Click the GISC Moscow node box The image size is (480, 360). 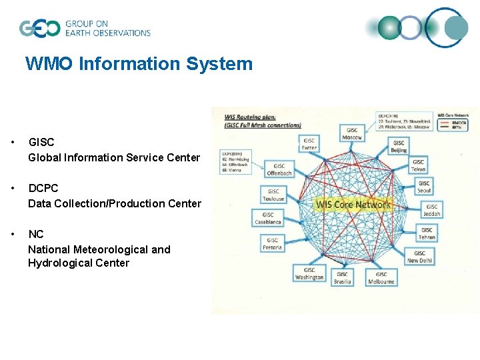click(x=352, y=133)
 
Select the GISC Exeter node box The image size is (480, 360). click(x=309, y=145)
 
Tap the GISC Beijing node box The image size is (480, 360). click(x=399, y=147)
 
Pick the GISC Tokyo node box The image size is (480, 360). click(x=418, y=165)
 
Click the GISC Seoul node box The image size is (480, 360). click(x=424, y=187)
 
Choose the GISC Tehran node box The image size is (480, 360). click(x=427, y=234)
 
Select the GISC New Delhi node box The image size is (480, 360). click(x=419, y=257)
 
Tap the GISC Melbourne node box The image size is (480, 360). click(x=381, y=278)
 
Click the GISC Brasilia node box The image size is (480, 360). click(x=342, y=278)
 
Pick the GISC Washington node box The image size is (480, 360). click(x=309, y=273)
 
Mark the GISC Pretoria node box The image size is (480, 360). click(x=272, y=244)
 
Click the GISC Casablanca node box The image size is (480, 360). click(x=267, y=219)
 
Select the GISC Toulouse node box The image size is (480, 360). click(x=273, y=195)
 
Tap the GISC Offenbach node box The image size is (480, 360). click(x=279, y=169)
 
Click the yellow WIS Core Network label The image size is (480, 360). click(x=353, y=205)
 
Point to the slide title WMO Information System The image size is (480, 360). click(x=139, y=64)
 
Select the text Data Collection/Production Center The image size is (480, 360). click(x=114, y=203)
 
